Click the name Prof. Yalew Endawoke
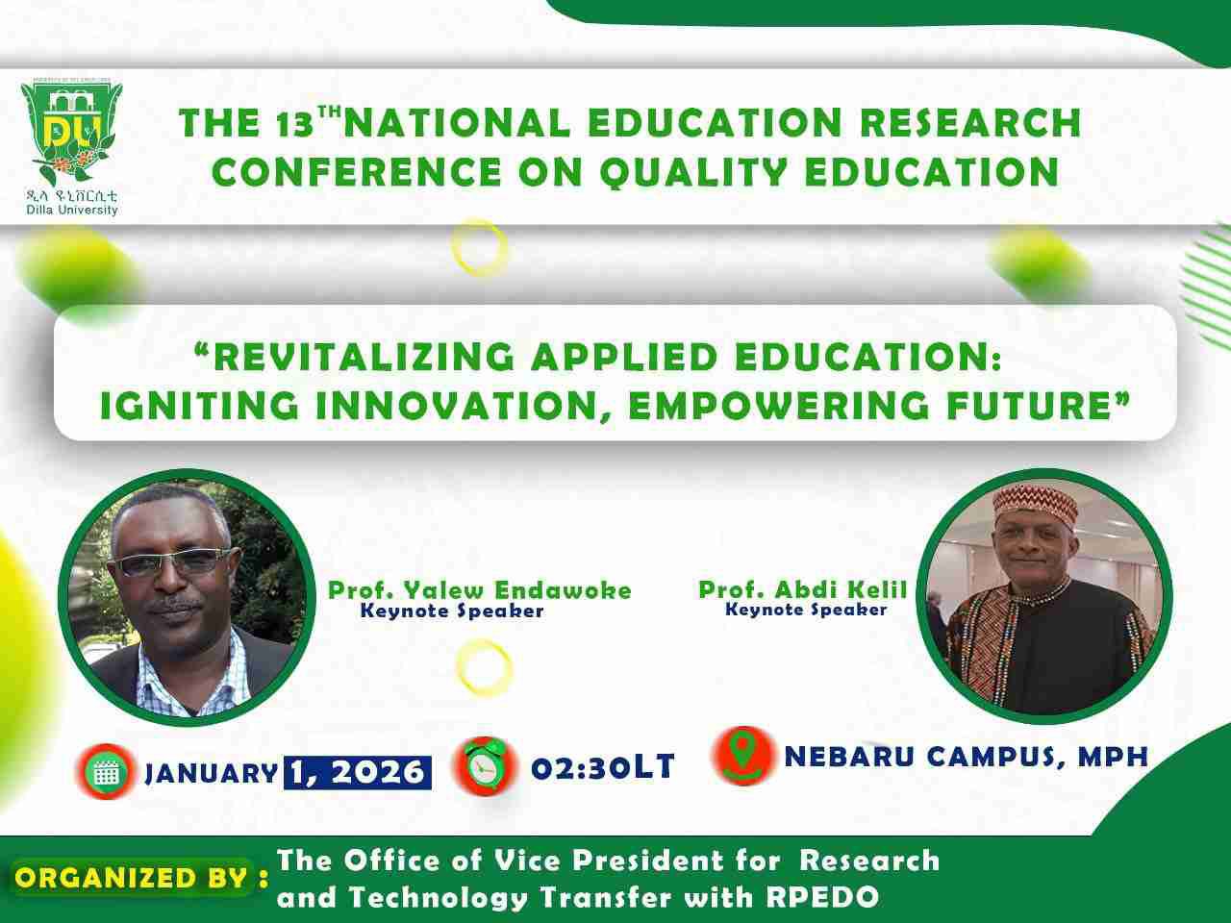[480, 589]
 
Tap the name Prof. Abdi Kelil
[802, 589]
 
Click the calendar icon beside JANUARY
[106, 771]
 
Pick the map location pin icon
[741, 755]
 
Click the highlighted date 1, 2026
[357, 772]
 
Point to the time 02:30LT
[603, 767]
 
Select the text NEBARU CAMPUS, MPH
[966, 757]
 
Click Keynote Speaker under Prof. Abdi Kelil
[805, 610]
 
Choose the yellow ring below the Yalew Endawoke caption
[484, 665]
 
